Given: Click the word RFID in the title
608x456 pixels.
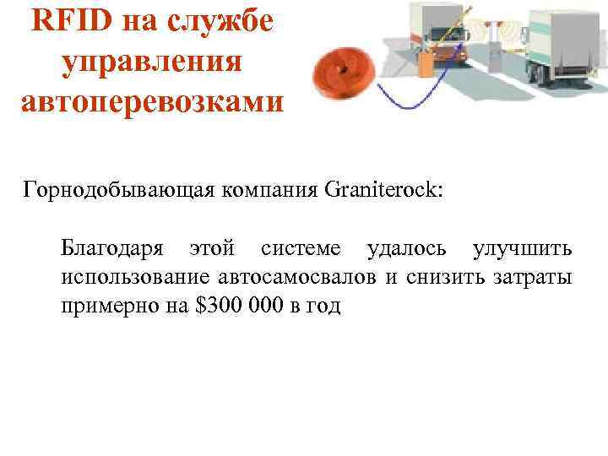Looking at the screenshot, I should (x=69, y=23).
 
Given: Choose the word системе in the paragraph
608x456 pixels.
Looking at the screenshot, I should (x=301, y=249).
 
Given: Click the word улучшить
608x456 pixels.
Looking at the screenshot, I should (x=523, y=249).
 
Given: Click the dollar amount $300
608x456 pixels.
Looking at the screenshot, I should (x=220, y=306).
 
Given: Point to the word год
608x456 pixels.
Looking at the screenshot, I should (x=323, y=306).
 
